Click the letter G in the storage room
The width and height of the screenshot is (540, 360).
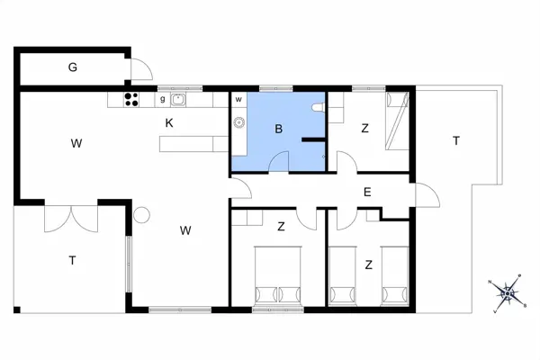(x=72, y=67)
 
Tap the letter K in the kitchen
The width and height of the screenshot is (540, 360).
(x=168, y=122)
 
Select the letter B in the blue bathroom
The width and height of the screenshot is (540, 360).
(x=279, y=130)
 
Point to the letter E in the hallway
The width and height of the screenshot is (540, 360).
(x=367, y=191)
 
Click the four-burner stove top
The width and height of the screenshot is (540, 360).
(x=131, y=100)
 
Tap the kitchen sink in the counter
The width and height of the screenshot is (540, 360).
(x=178, y=100)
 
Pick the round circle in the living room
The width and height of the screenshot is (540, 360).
(x=142, y=215)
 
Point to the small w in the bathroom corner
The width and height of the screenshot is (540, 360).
(x=239, y=100)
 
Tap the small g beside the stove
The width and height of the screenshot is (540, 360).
(x=162, y=100)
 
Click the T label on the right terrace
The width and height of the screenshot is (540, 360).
(x=456, y=140)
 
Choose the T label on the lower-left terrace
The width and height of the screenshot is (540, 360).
(x=72, y=260)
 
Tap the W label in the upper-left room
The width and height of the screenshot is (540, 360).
(x=77, y=142)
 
